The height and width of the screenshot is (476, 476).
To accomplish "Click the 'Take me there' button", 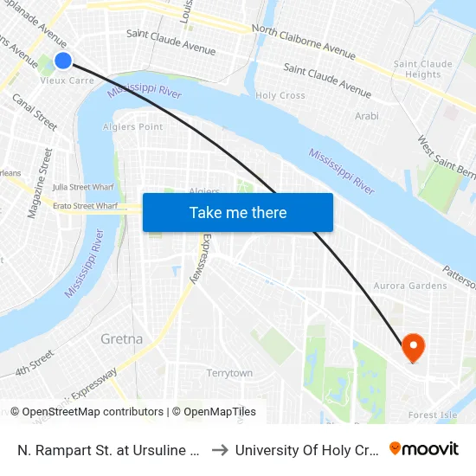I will [x=238, y=213].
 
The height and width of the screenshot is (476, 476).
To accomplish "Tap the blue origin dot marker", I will [x=63, y=60].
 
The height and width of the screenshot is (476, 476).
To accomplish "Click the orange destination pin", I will [x=413, y=348].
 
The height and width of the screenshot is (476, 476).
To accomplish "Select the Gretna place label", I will [x=121, y=338].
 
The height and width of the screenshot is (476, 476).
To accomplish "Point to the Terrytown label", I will [x=229, y=373].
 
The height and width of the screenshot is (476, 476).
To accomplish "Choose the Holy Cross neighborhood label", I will [x=280, y=95].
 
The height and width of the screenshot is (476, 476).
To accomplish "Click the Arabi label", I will [x=367, y=115].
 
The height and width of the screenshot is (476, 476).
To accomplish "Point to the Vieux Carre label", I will [x=67, y=80].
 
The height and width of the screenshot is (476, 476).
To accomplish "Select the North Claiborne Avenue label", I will [x=303, y=42].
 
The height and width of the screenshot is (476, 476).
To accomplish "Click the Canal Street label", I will [x=35, y=113].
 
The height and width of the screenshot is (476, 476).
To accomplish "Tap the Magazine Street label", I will [x=40, y=183].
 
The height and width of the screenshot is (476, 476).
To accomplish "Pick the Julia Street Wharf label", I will [x=83, y=186].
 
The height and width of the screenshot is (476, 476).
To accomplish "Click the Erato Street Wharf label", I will [x=83, y=206].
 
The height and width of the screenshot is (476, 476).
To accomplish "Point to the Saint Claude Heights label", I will [x=422, y=69].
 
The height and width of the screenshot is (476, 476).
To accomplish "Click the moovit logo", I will [x=424, y=449].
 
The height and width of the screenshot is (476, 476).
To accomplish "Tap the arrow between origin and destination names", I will [x=219, y=450].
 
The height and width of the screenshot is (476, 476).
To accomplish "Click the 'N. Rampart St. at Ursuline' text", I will [x=109, y=450].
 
